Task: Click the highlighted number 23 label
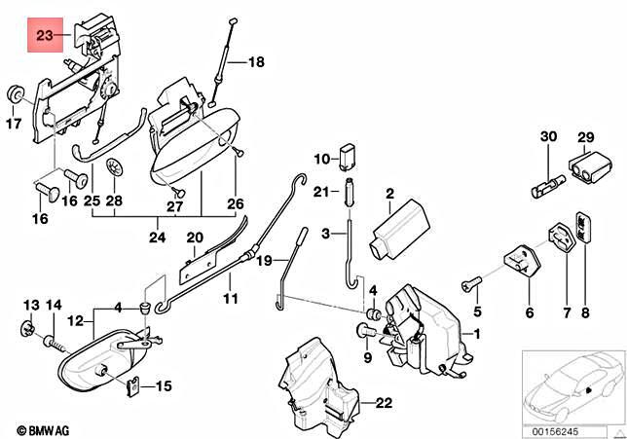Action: click(45, 37)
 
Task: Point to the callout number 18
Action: click(255, 62)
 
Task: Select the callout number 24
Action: click(156, 235)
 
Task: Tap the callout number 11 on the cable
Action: click(229, 299)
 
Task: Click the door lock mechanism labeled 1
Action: click(421, 329)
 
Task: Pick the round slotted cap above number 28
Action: click(114, 166)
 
